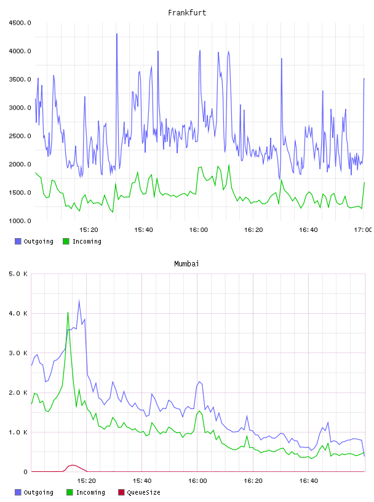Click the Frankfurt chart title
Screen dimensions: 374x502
pyautogui.click(x=187, y=13)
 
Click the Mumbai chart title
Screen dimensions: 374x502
pyautogui.click(x=186, y=264)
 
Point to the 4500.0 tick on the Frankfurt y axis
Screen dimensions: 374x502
pyautogui.click(x=20, y=23)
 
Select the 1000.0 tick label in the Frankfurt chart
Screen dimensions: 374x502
pyautogui.click(x=20, y=221)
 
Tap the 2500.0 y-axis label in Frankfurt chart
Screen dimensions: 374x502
pyautogui.click(x=20, y=136)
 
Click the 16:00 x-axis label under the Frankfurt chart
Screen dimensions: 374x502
pyautogui.click(x=199, y=230)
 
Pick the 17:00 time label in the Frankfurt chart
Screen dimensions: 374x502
pyautogui.click(x=363, y=230)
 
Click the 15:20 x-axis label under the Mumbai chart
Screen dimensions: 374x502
pyautogui.click(x=87, y=481)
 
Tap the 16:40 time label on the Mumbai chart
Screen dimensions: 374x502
pyautogui.click(x=309, y=481)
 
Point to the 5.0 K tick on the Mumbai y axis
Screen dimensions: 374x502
pyautogui.click(x=18, y=274)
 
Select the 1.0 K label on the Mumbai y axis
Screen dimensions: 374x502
pyautogui.click(x=18, y=432)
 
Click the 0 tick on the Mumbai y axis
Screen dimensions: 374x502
pyautogui.click(x=26, y=472)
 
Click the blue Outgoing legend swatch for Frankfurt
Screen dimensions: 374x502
pyautogui.click(x=18, y=241)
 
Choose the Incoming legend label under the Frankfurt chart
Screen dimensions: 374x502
pyautogui.click(x=87, y=241)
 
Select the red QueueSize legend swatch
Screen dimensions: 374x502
pyautogui.click(x=121, y=492)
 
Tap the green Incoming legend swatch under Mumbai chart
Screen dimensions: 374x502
pyautogui.click(x=70, y=492)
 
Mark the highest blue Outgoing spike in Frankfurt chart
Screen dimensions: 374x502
pyautogui.click(x=117, y=34)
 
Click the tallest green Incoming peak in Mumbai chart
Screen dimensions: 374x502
pyautogui.click(x=68, y=312)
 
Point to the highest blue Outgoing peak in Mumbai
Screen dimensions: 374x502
pyautogui.click(x=79, y=301)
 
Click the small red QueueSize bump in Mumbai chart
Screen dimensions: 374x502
pyautogui.click(x=73, y=465)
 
